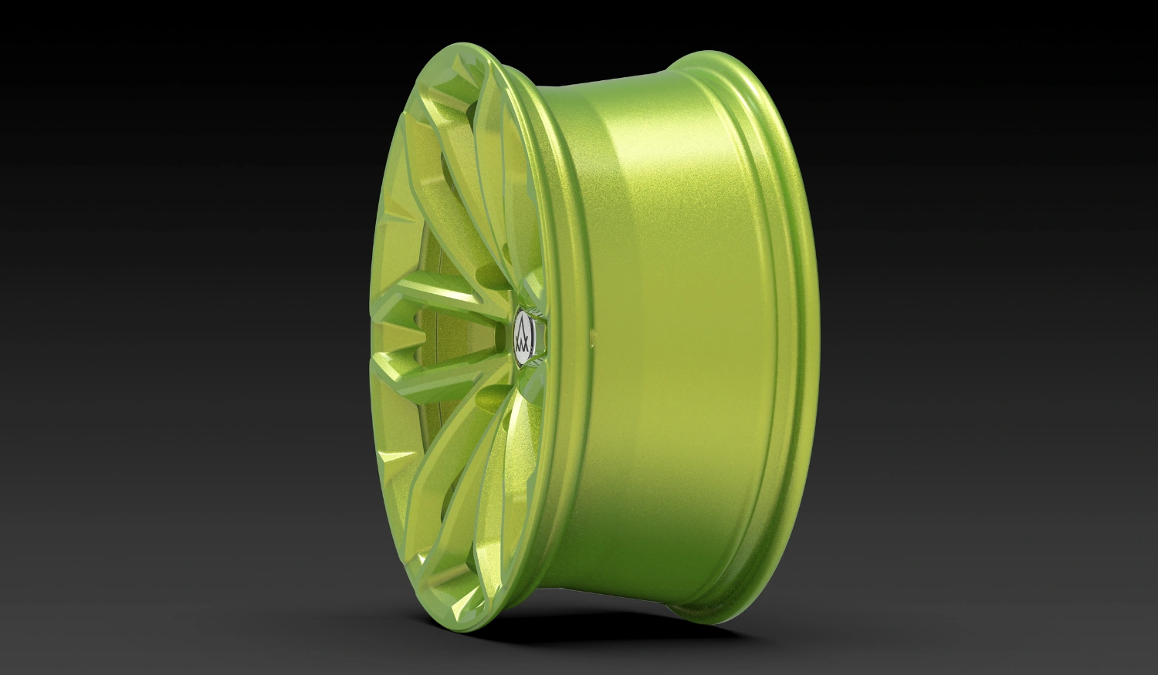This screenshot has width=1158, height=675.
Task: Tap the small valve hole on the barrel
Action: (x=592, y=336)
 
